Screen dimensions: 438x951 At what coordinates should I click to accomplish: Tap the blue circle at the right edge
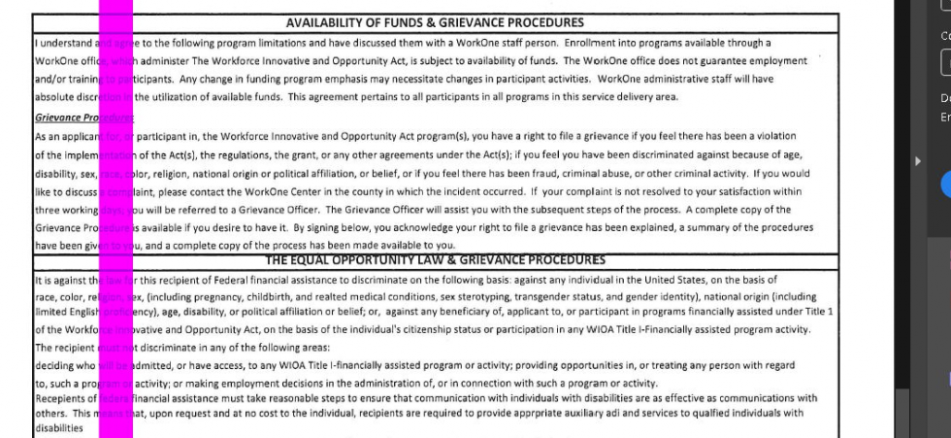[946, 185]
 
